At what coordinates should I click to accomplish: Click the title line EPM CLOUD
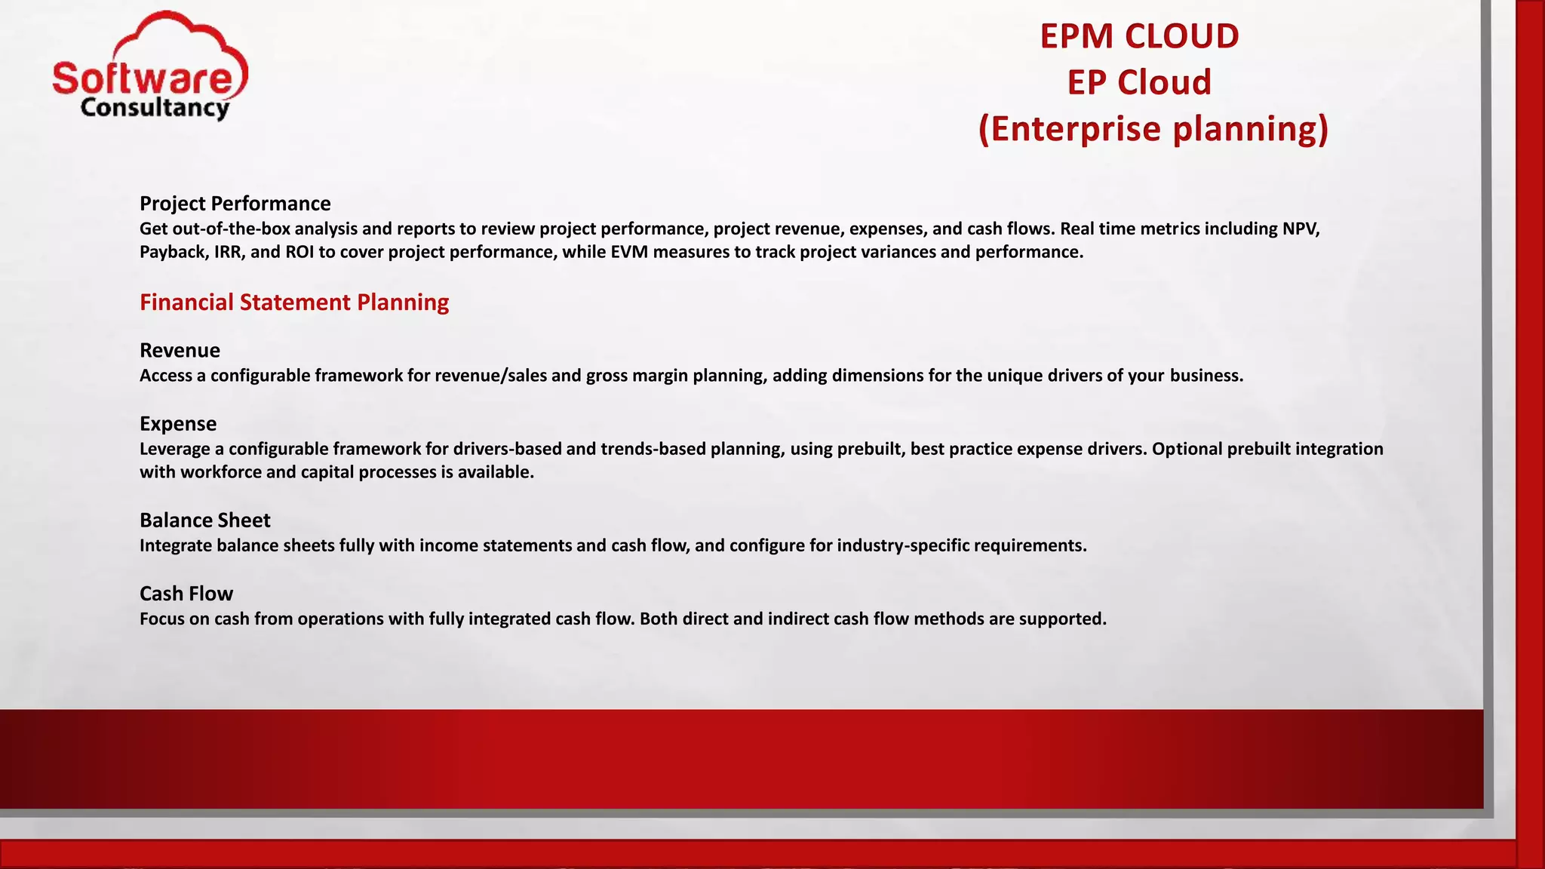pyautogui.click(x=1139, y=36)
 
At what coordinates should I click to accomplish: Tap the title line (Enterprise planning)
pyautogui.click(x=1153, y=129)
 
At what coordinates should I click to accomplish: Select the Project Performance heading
pyautogui.click(x=235, y=204)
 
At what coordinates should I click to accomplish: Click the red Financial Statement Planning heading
pyautogui.click(x=294, y=302)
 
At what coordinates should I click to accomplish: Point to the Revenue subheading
pyautogui.click(x=180, y=351)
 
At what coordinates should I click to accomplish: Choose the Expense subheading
pyautogui.click(x=178, y=424)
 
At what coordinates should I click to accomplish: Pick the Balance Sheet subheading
pyautogui.click(x=204, y=520)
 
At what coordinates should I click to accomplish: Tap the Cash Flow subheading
pyautogui.click(x=186, y=594)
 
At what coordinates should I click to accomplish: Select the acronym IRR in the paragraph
pyautogui.click(x=227, y=252)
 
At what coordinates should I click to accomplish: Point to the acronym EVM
pyautogui.click(x=629, y=252)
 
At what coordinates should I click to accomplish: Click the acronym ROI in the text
pyautogui.click(x=299, y=252)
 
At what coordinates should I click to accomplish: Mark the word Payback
pyautogui.click(x=172, y=252)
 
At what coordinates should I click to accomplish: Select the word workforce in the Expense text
pyautogui.click(x=217, y=472)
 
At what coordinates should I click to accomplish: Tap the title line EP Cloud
pyautogui.click(x=1139, y=82)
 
